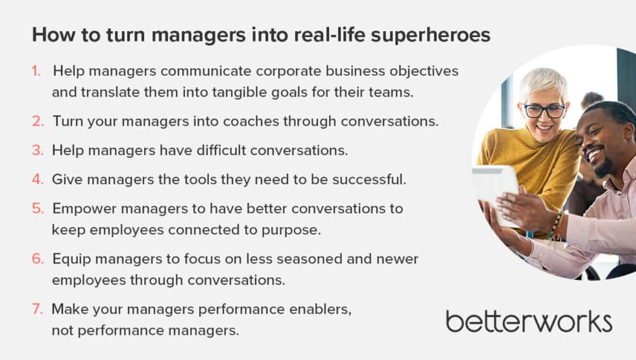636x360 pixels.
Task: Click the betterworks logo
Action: (528, 321)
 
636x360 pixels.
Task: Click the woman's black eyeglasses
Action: (544, 110)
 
